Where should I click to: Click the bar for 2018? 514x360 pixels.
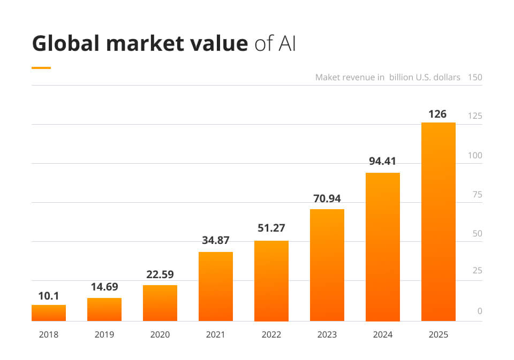pos(49,313)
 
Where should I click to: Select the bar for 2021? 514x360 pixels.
pos(216,286)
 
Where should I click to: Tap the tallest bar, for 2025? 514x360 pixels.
pos(439,221)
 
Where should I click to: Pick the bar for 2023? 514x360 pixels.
pos(327,265)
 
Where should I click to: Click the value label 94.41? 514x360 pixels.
pos(382,161)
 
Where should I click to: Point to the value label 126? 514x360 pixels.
pos(437,114)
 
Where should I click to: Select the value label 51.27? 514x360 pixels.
pos(271,229)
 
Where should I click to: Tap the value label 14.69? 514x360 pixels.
pos(104,287)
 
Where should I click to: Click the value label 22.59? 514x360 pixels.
pos(160,274)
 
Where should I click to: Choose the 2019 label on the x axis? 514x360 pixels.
pos(104,335)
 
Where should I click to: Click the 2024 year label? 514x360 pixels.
pos(383,335)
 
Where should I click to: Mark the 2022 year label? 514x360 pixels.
pos(271,335)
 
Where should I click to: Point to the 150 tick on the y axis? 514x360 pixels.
pos(475,77)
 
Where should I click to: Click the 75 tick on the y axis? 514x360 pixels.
pos(477,195)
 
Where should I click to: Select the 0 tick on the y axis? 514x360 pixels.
pos(480,311)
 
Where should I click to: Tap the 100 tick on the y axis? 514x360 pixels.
pos(475,156)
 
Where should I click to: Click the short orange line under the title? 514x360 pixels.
pos(41,68)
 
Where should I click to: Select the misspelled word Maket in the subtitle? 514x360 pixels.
pos(328,77)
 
